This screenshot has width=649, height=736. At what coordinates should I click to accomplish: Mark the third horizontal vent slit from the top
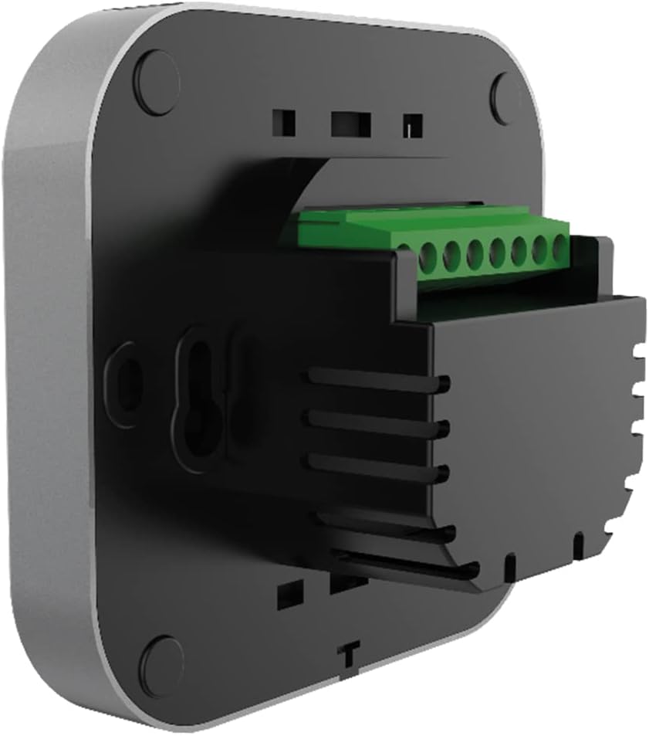378,464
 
